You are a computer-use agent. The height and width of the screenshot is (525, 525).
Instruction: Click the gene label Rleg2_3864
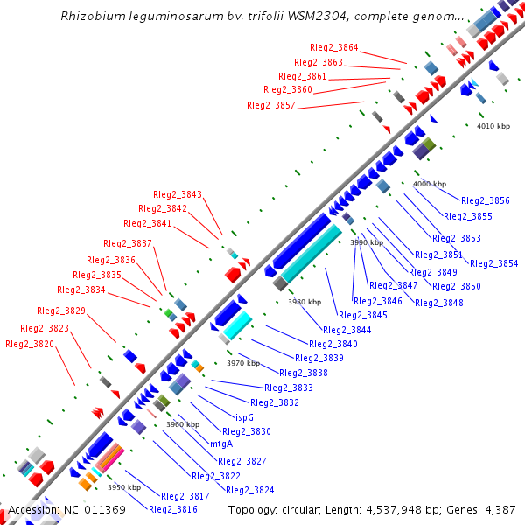(x=333, y=47)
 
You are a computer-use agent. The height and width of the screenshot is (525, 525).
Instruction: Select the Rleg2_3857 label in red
(x=271, y=105)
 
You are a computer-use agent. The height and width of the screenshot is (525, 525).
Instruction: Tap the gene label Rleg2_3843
(x=177, y=194)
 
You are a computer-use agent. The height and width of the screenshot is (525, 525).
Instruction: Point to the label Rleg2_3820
(x=30, y=345)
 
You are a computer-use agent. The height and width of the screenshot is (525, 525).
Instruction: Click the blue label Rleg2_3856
(x=485, y=201)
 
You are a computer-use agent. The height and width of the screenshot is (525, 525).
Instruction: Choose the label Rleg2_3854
(x=493, y=263)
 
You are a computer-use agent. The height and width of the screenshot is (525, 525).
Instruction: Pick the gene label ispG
(x=245, y=417)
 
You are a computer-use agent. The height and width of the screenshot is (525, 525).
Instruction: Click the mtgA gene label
(x=221, y=444)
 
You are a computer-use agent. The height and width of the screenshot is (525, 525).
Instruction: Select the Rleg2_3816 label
(x=172, y=509)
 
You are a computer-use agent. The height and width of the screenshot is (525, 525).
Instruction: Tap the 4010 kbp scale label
(x=493, y=126)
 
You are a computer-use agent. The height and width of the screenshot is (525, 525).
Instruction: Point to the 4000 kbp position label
(x=430, y=184)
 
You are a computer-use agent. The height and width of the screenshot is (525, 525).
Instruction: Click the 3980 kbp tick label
(x=304, y=302)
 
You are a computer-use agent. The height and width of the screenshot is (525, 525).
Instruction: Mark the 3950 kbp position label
(x=124, y=487)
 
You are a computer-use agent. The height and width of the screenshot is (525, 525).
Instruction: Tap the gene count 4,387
(x=498, y=509)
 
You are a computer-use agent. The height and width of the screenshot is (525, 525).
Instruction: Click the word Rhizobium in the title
(x=93, y=16)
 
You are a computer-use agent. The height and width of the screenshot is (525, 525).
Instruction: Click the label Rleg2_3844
(x=346, y=330)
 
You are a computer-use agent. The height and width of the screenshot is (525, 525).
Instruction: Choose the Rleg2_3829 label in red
(x=61, y=311)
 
